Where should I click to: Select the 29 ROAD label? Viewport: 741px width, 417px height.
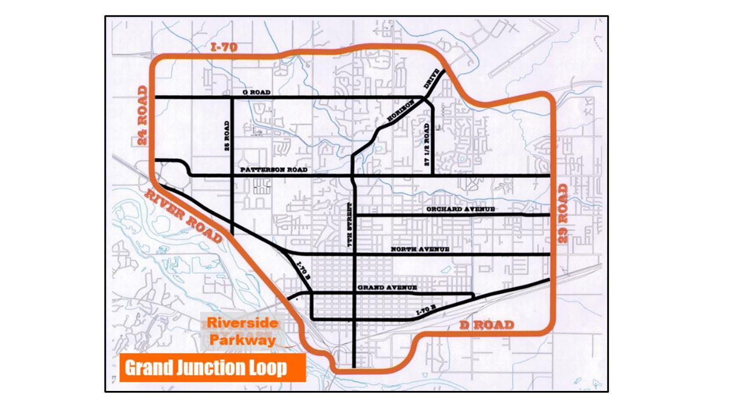(563, 213)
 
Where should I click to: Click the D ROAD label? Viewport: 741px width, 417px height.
(486, 325)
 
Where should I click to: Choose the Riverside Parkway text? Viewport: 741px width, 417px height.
(243, 331)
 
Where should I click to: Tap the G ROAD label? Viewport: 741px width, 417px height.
(257, 92)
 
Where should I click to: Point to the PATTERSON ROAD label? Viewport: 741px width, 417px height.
(274, 170)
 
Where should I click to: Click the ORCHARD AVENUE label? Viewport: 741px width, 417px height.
(460, 209)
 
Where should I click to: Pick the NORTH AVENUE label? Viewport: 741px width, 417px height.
(420, 249)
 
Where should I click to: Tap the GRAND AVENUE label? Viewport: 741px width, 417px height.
(387, 288)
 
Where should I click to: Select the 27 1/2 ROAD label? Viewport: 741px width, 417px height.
(427, 145)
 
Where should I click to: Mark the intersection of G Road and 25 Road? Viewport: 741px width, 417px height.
(232, 97)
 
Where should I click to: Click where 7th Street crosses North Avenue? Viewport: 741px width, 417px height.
(353, 255)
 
